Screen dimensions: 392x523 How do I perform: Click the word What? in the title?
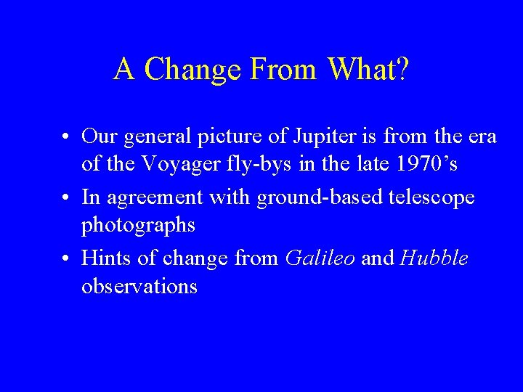tap(368, 70)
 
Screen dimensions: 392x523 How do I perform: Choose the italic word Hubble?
tap(434, 258)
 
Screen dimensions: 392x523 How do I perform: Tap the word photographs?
tap(138, 226)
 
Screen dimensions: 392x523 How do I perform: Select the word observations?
tap(139, 287)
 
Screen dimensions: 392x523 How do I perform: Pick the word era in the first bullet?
tap(482, 136)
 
